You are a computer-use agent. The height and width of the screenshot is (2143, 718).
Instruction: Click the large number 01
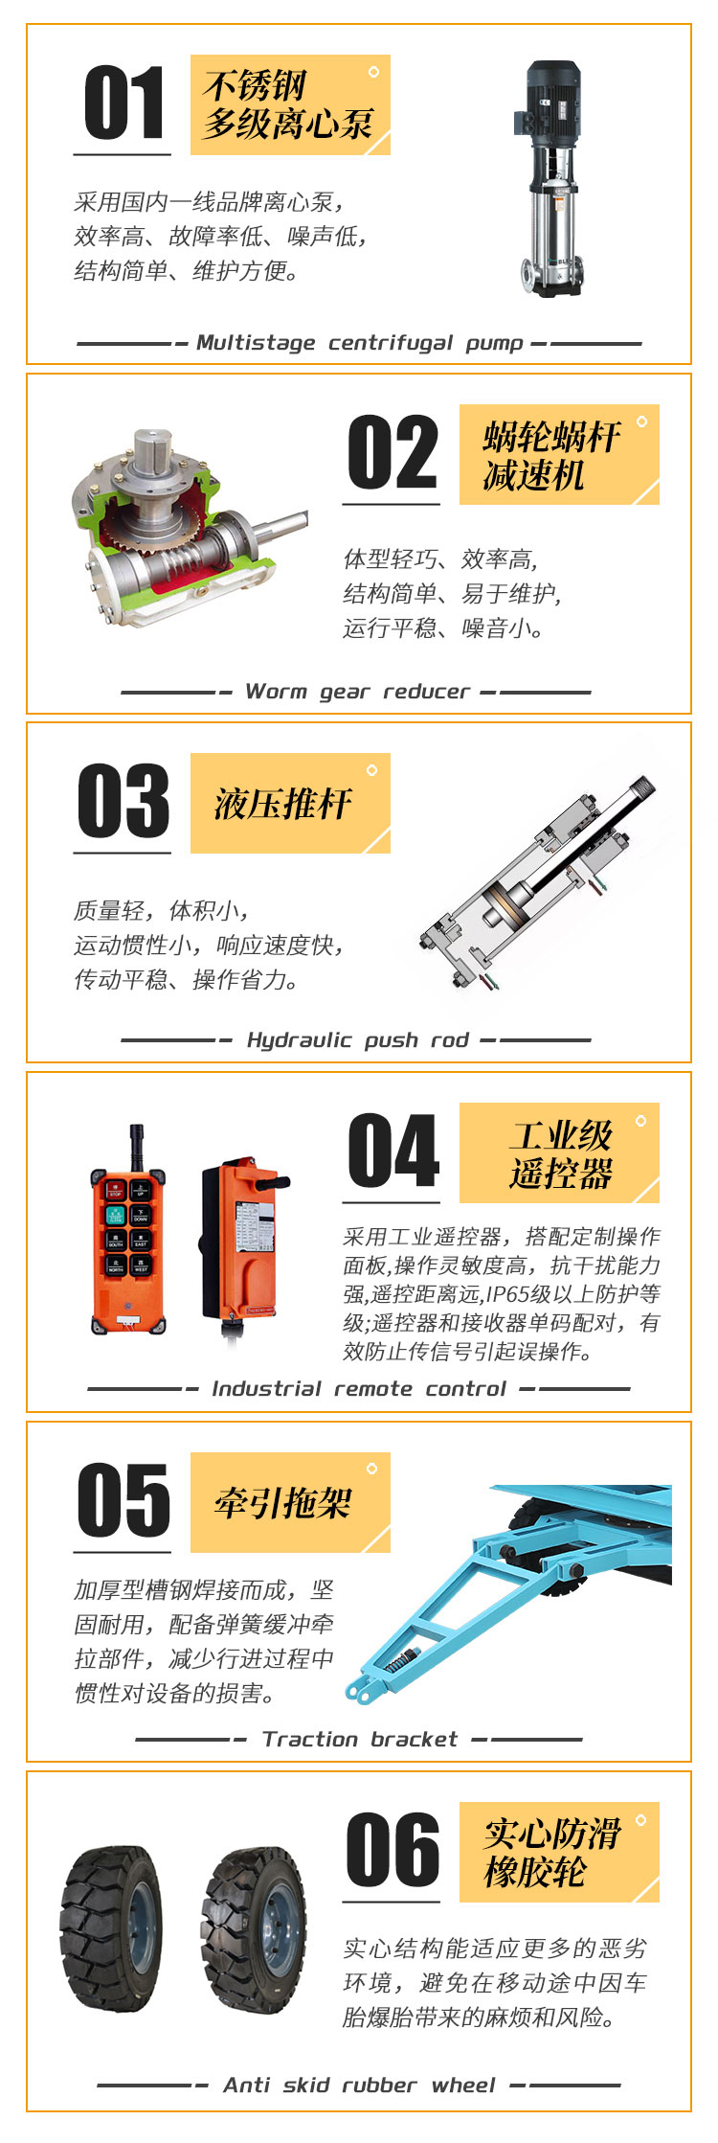tap(123, 103)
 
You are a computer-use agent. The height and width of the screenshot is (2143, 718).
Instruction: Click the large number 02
tap(393, 453)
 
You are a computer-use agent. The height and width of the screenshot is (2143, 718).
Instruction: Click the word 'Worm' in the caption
tap(276, 692)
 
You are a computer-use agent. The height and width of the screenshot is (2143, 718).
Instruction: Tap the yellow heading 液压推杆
tap(283, 803)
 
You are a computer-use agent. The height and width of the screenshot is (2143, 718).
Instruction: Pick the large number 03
tap(123, 801)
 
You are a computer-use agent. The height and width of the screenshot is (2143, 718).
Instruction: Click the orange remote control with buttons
tap(128, 1230)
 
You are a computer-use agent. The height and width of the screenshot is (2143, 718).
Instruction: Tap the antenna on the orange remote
tap(137, 1147)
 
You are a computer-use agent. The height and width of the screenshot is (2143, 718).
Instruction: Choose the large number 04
tap(393, 1151)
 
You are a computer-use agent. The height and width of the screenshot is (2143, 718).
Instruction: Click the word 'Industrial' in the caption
tap(266, 1389)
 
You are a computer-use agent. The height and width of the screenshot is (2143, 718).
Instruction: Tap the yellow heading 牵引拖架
tap(283, 1502)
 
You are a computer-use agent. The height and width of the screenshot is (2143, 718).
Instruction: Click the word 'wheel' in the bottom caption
tap(463, 2085)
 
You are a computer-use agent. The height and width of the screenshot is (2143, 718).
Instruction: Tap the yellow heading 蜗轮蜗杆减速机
tap(551, 455)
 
